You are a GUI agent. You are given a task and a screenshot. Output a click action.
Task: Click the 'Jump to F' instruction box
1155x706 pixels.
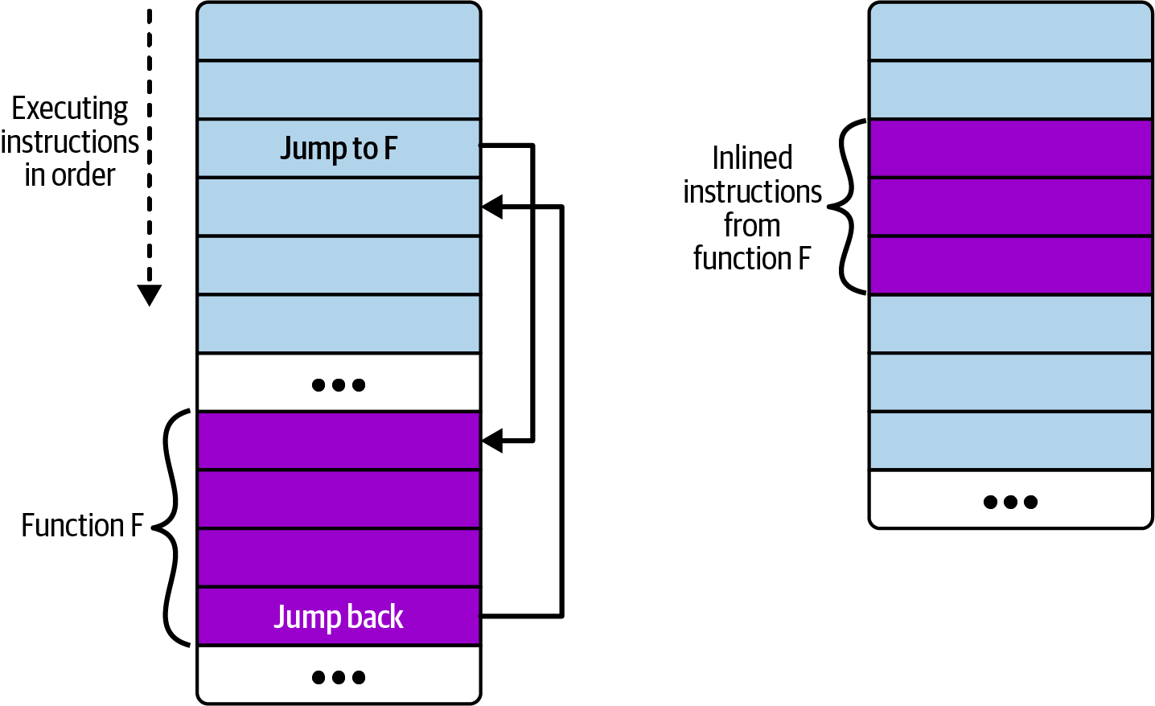pos(339,148)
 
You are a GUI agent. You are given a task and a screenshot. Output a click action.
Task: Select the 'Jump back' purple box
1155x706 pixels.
pos(339,617)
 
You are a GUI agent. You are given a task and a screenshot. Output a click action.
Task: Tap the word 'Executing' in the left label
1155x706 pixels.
pos(70,109)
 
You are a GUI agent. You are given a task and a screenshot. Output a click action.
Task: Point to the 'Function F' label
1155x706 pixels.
pos(82,525)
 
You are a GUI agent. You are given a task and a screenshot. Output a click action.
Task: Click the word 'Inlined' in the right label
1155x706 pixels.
pos(752,158)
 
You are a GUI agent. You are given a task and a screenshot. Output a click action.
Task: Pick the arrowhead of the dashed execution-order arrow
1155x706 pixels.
pos(150,295)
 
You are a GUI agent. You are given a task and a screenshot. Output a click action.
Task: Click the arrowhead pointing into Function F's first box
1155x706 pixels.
pos(492,441)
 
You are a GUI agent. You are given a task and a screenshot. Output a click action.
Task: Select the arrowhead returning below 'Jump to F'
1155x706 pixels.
pos(492,207)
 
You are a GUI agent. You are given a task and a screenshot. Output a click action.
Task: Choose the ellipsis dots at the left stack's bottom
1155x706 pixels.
pos(339,677)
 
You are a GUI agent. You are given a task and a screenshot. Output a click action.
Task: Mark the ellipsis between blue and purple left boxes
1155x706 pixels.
pos(339,384)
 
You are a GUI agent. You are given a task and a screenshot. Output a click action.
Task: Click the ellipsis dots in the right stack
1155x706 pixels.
pos(1010,502)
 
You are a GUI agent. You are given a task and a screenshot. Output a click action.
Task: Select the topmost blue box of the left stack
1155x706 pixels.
pos(339,32)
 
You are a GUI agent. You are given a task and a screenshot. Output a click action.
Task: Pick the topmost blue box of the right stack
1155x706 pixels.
pos(1010,32)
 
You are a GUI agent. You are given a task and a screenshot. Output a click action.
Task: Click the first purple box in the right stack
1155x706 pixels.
pos(1010,148)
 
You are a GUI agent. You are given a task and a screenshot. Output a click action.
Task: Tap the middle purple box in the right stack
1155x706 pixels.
pos(1010,207)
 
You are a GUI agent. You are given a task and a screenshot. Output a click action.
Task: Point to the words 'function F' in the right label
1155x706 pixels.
pos(752,259)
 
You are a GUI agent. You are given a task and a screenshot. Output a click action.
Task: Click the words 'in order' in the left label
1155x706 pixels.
pos(70,175)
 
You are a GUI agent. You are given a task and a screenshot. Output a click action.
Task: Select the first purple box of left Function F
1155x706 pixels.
pos(339,441)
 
